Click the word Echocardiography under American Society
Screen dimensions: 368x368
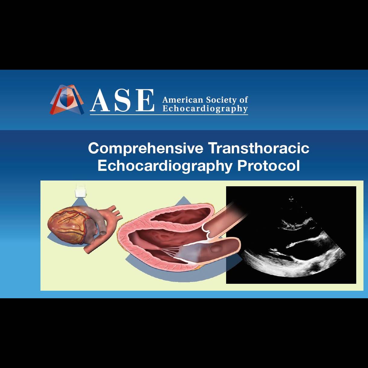coord(205,109)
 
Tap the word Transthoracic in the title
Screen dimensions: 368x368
coord(259,148)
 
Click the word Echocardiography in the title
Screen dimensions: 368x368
coord(165,166)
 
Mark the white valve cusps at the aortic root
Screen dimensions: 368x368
coord(207,235)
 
